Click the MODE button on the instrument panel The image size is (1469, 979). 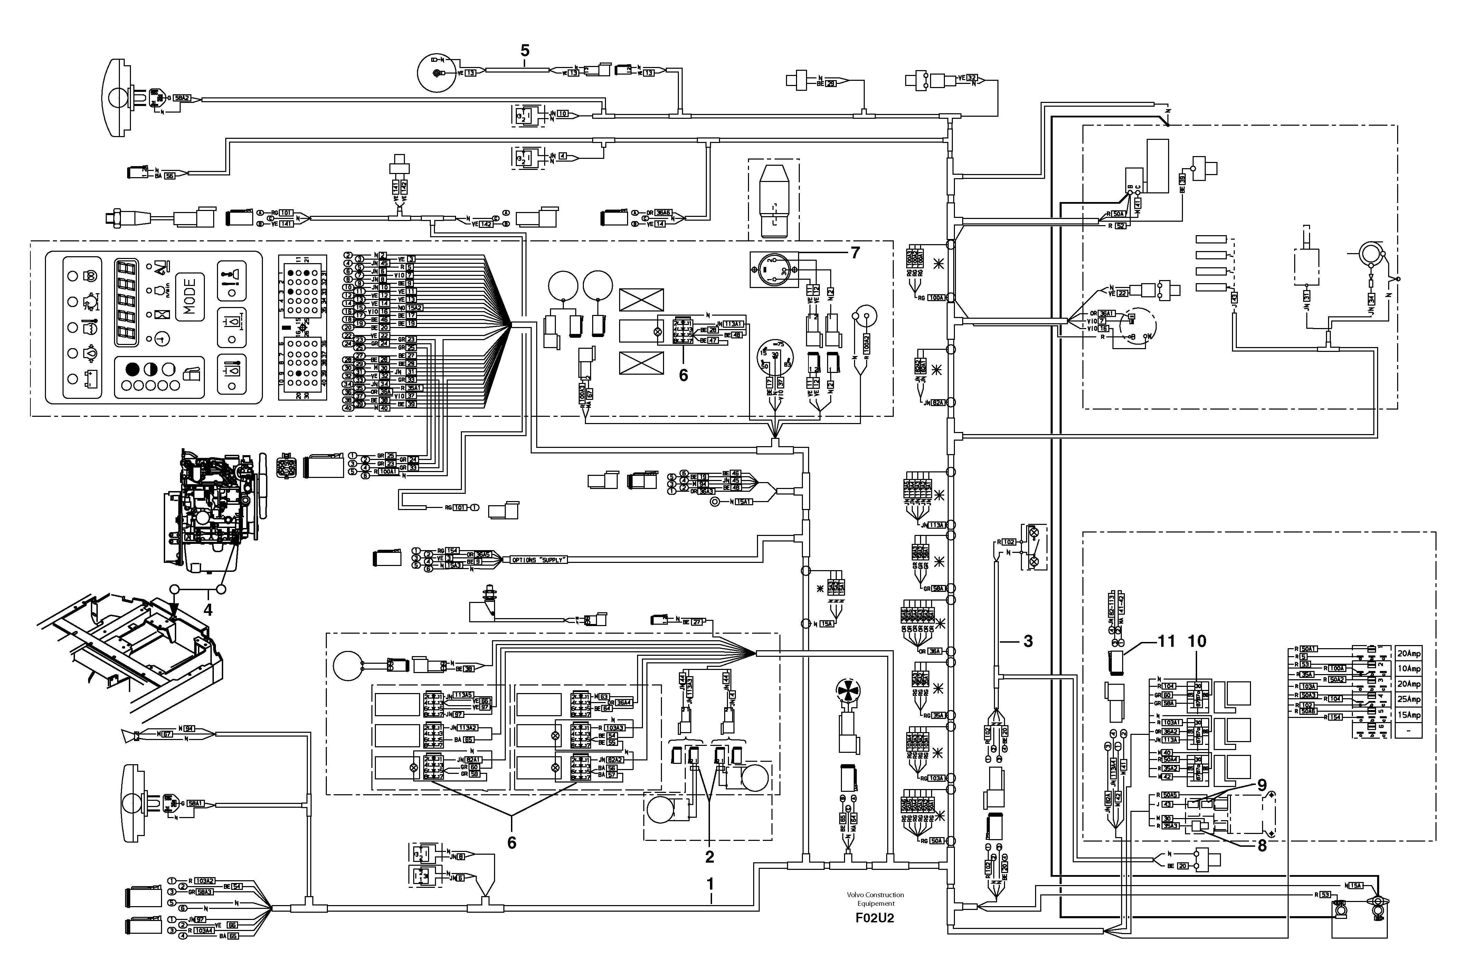tap(190, 297)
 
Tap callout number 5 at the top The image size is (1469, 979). tap(525, 50)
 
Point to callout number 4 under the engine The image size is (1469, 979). tap(208, 610)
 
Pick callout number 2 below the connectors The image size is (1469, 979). tap(710, 857)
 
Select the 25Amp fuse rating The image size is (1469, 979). tap(1409, 699)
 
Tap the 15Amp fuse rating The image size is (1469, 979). tap(1409, 715)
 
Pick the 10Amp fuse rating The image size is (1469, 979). tap(1409, 669)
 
